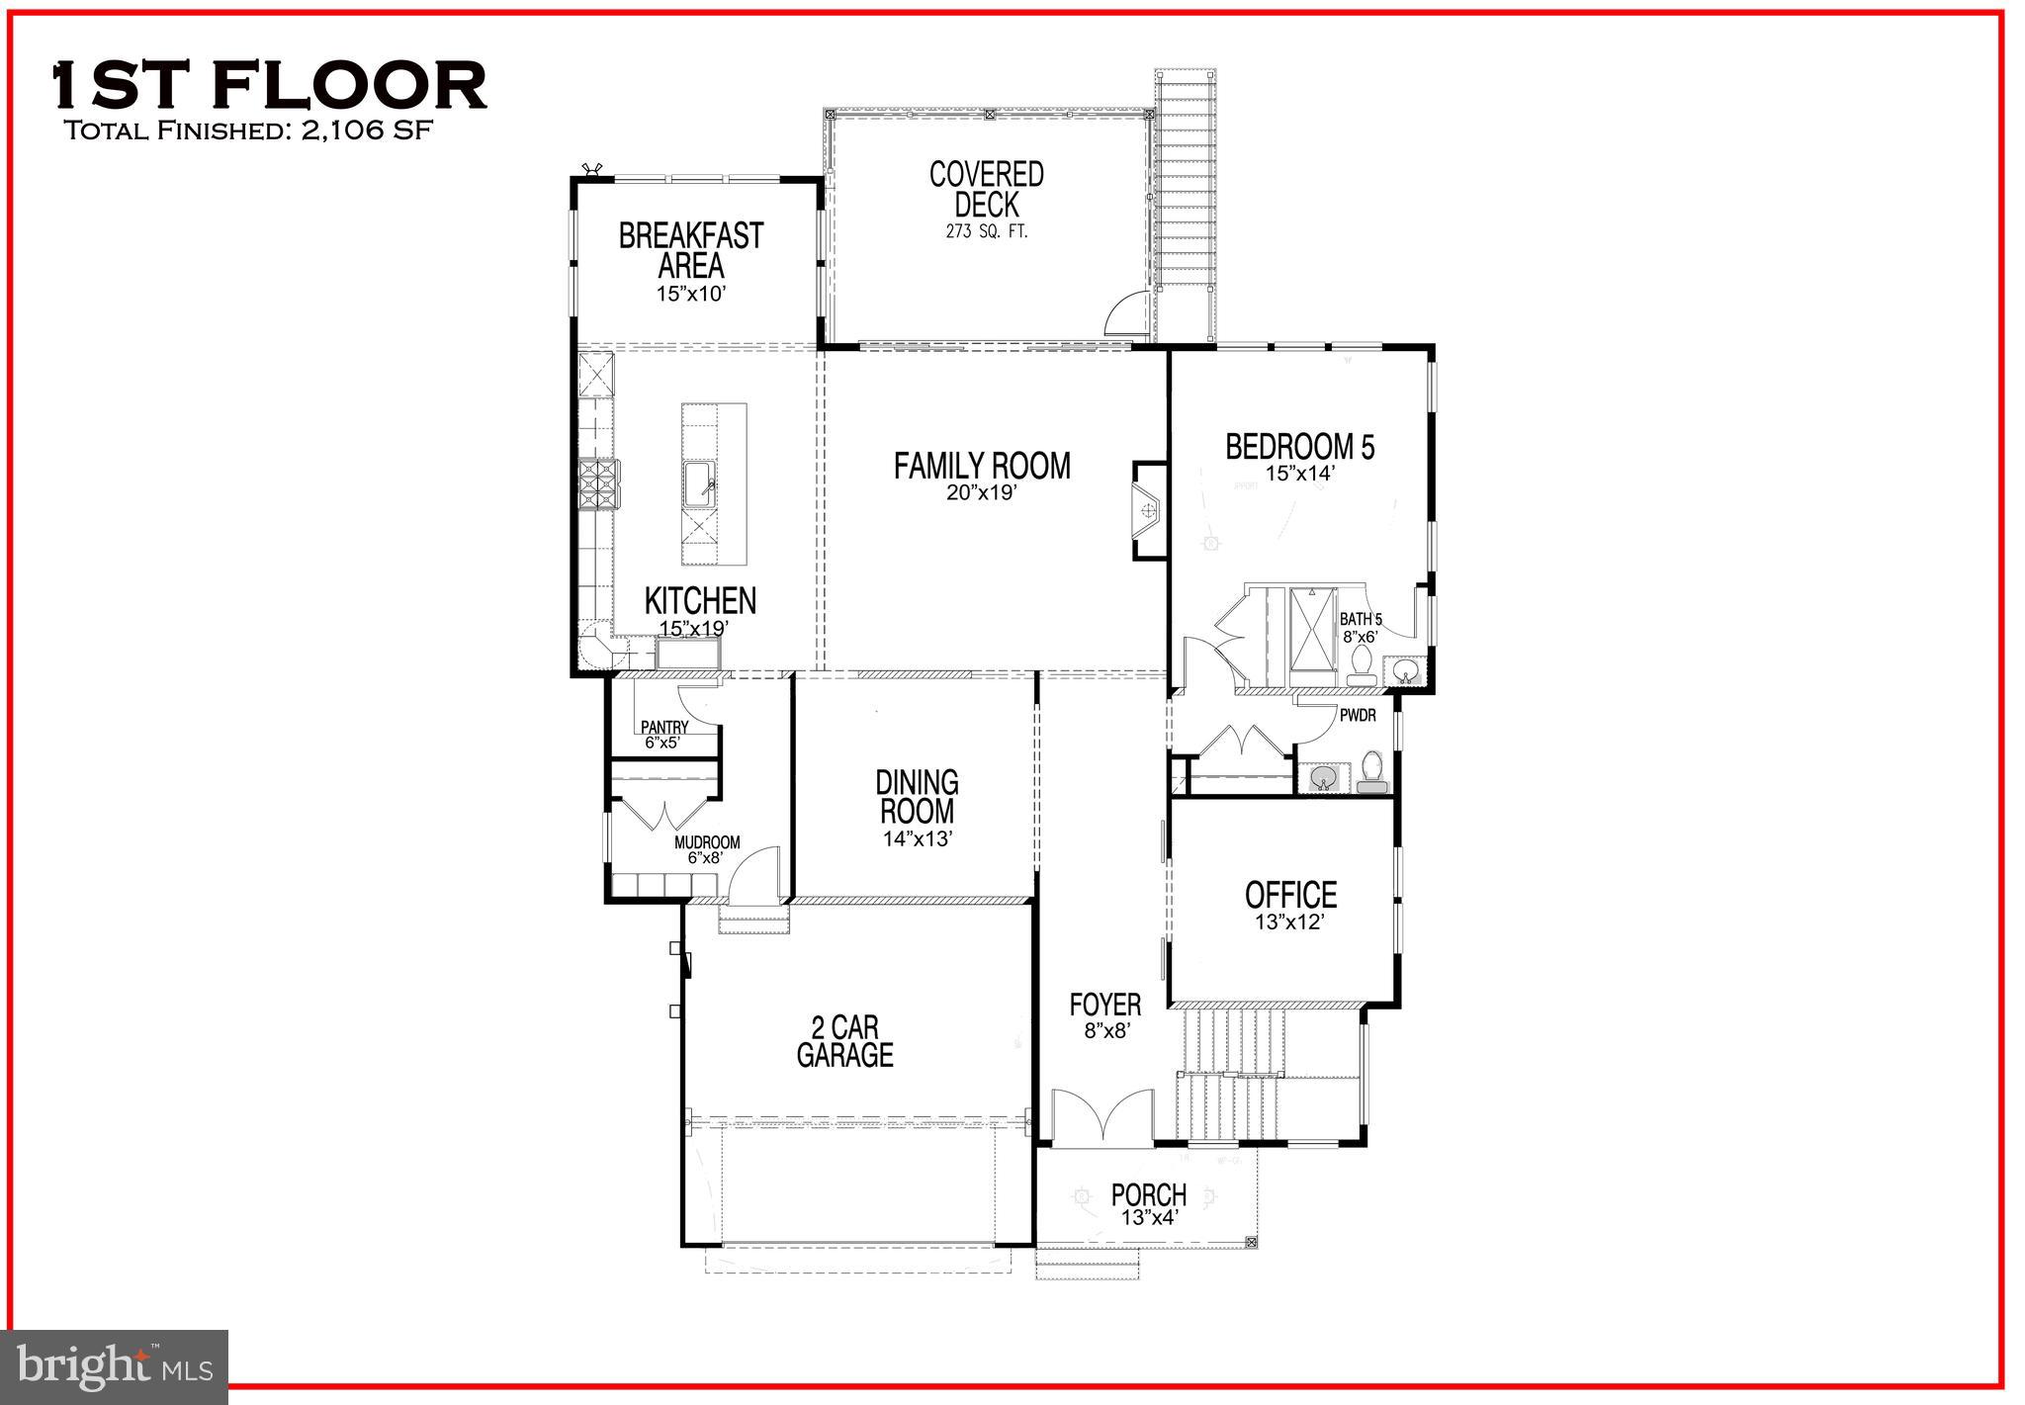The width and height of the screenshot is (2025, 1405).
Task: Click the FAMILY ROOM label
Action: coord(981,466)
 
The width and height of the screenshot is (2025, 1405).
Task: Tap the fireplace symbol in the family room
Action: coord(1147,511)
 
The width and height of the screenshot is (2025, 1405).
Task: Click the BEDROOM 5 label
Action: coord(1299,447)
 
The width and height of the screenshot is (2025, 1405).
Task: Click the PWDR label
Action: coord(1358,715)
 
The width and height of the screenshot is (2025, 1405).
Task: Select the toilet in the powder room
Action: coord(1371,772)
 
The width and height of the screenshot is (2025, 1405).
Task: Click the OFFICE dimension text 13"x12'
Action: coord(1290,922)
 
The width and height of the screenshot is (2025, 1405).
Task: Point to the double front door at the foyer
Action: coord(1101,1117)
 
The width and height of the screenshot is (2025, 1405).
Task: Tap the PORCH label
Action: coord(1148,1194)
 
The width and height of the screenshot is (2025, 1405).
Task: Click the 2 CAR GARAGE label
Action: coord(844,1041)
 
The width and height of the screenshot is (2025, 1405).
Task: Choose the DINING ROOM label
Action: coord(917,797)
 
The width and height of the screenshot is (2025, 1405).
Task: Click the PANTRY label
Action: coord(663,727)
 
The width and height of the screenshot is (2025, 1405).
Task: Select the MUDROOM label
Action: coord(706,842)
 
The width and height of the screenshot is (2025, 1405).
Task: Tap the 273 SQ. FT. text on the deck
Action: coord(986,233)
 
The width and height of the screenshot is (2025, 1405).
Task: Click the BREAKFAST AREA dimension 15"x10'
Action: coord(691,294)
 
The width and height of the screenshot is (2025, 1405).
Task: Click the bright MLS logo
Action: coord(115,1366)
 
